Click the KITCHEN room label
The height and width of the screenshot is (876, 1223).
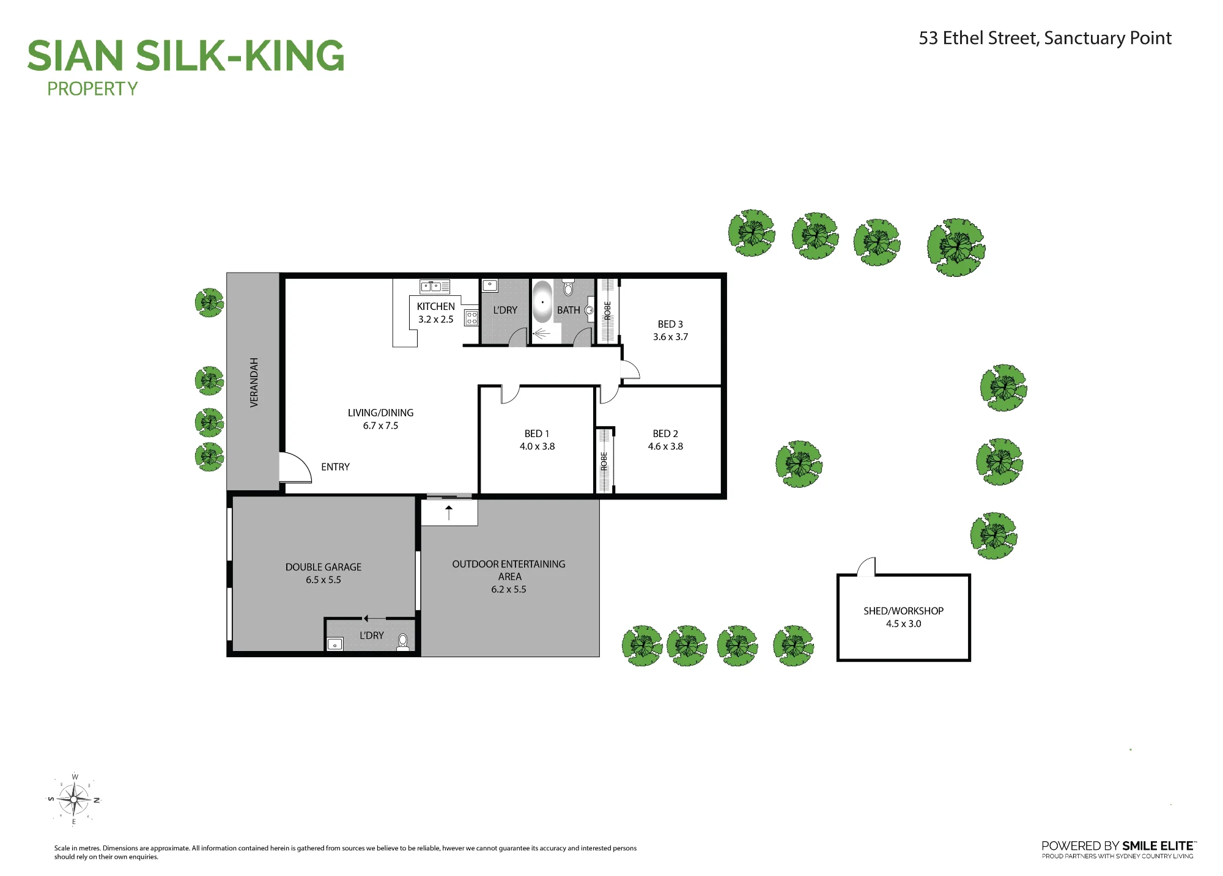point(436,306)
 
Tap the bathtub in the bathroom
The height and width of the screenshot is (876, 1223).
point(542,302)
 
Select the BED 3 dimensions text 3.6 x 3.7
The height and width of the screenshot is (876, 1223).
point(670,337)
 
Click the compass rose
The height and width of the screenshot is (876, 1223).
point(74,799)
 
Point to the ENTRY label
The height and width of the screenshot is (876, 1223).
point(335,467)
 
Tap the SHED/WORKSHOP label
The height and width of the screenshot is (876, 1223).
point(903,611)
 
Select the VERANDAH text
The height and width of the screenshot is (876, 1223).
point(254,383)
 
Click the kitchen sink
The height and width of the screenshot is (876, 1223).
point(435,286)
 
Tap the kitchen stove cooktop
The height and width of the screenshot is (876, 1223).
point(471,318)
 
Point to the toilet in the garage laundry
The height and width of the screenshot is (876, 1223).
point(402,642)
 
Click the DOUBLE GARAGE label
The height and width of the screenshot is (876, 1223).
point(323,567)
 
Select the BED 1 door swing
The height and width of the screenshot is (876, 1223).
point(510,394)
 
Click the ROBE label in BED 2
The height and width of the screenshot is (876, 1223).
point(604,460)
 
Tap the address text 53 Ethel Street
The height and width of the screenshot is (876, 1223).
point(978,38)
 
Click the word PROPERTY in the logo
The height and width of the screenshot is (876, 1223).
point(92,89)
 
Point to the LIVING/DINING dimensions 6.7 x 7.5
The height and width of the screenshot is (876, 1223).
point(380,426)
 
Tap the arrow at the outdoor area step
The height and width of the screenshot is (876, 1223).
point(449,513)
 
